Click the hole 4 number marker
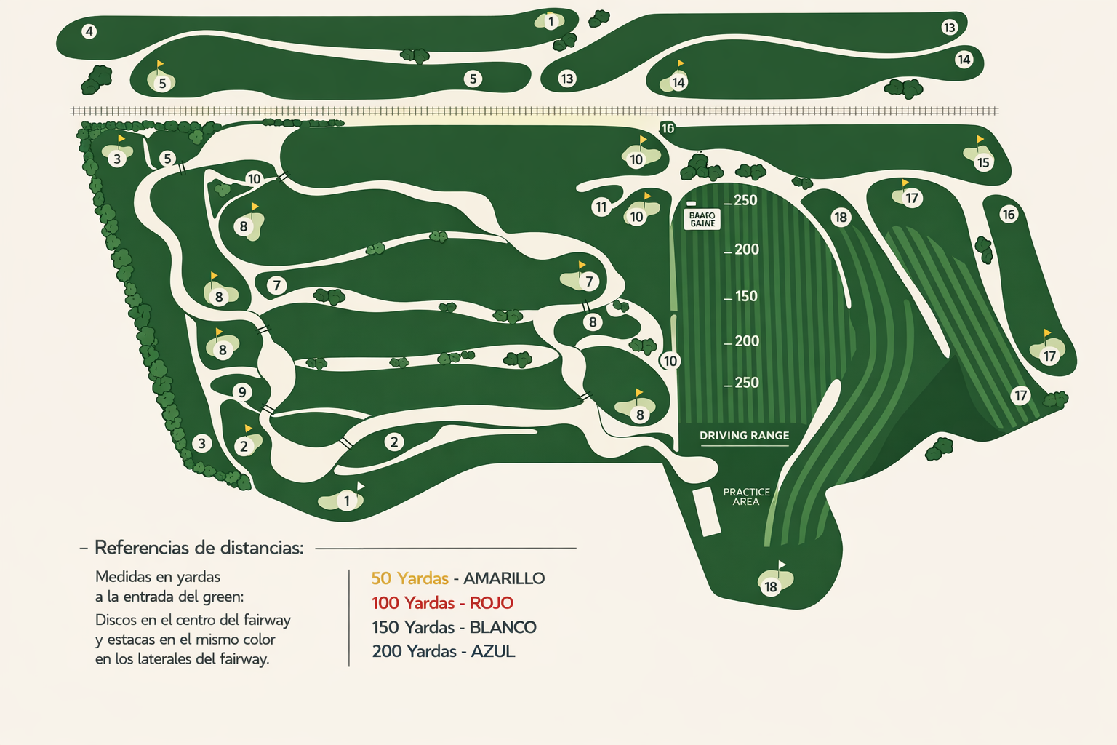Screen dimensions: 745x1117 pos(89,31)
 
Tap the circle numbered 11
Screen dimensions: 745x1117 pos(601,207)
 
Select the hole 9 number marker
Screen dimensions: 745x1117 pos(242,392)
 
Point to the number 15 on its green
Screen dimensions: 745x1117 pos(983,162)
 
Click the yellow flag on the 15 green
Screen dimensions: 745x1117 pos(980,139)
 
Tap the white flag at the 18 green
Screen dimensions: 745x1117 pos(782,565)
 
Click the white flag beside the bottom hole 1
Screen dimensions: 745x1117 pos(360,486)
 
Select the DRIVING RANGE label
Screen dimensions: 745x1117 pos(744,436)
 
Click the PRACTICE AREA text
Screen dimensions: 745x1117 pos(746,497)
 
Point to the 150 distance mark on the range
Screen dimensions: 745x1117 pos(745,296)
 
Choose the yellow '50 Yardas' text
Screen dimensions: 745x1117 pos(409,578)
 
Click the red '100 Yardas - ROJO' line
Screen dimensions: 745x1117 pos(442,603)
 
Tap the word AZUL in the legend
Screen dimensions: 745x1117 pos(493,652)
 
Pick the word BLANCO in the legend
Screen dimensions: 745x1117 pos(503,627)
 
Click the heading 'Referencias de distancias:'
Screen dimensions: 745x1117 pos(199,548)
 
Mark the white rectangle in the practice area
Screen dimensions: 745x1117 pos(705,511)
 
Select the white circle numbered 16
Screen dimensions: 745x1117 pos(1008,214)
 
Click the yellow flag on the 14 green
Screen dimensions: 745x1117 pos(681,64)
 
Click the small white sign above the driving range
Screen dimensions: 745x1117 pos(702,219)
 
